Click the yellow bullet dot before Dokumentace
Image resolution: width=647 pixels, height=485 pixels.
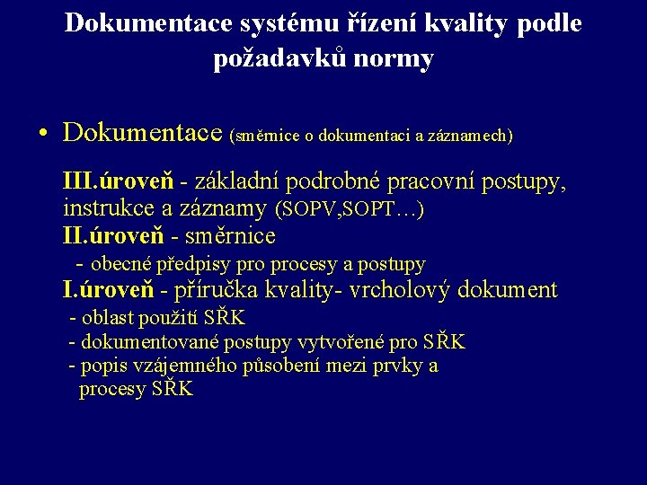click(43, 135)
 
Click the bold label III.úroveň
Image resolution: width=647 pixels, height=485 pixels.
click(119, 182)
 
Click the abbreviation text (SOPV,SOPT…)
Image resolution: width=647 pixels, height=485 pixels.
click(350, 210)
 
